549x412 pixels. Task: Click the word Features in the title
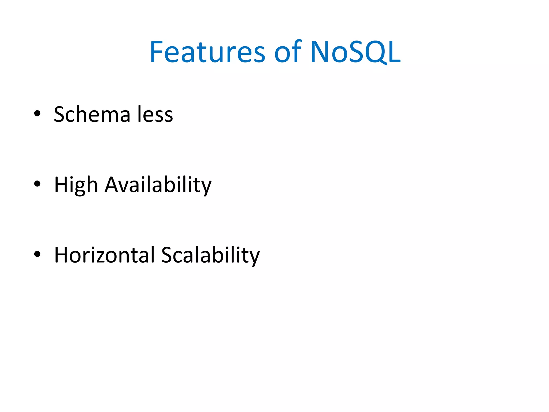coord(207,51)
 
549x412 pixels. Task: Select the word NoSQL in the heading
coord(355,51)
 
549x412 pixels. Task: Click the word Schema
coord(92,115)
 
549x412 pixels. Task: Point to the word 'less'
coord(155,115)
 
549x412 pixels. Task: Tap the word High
coord(76,185)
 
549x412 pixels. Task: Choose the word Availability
coord(158,185)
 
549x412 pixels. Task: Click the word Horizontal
coord(105,255)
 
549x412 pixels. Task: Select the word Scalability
coord(210,255)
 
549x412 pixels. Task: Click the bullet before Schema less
coord(37,113)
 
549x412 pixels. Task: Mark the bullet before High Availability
coord(37,184)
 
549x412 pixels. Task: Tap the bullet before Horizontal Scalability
coord(37,254)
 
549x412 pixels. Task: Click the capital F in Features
coord(156,51)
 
